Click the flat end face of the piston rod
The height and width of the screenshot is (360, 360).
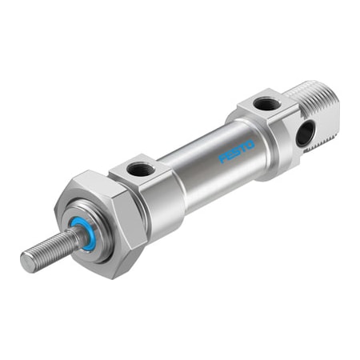[26, 259]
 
